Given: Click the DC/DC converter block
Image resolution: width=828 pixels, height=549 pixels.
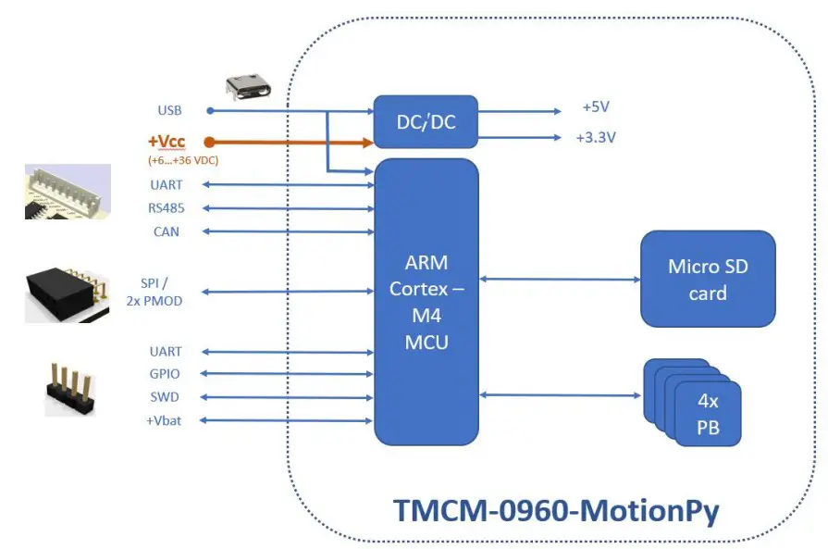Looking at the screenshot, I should [x=426, y=121].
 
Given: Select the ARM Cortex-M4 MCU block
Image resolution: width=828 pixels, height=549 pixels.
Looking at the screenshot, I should [x=426, y=302].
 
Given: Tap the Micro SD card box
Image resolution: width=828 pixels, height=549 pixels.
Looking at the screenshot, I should [x=708, y=279].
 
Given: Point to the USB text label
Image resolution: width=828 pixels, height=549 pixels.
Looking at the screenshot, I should [x=169, y=110].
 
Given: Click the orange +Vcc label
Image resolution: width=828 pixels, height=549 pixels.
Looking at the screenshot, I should [x=166, y=142].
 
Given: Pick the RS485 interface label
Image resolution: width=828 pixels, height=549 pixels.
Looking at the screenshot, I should [x=167, y=208].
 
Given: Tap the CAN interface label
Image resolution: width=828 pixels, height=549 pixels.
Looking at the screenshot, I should [x=167, y=231].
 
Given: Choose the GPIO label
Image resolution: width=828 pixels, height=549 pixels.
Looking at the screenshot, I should [x=166, y=374].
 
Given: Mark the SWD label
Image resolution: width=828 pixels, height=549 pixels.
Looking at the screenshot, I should [x=166, y=397].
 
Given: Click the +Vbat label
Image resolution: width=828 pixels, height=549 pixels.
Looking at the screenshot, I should [x=165, y=420].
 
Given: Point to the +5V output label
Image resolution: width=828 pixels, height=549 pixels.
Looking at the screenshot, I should [x=596, y=107].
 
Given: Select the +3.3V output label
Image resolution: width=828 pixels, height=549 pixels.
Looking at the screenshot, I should [x=596, y=137].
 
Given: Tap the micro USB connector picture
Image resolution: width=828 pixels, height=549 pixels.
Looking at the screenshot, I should [x=251, y=86].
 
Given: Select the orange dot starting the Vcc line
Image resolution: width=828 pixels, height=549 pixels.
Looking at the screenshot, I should [x=210, y=142].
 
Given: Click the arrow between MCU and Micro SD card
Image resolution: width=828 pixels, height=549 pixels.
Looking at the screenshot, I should [x=560, y=279].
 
